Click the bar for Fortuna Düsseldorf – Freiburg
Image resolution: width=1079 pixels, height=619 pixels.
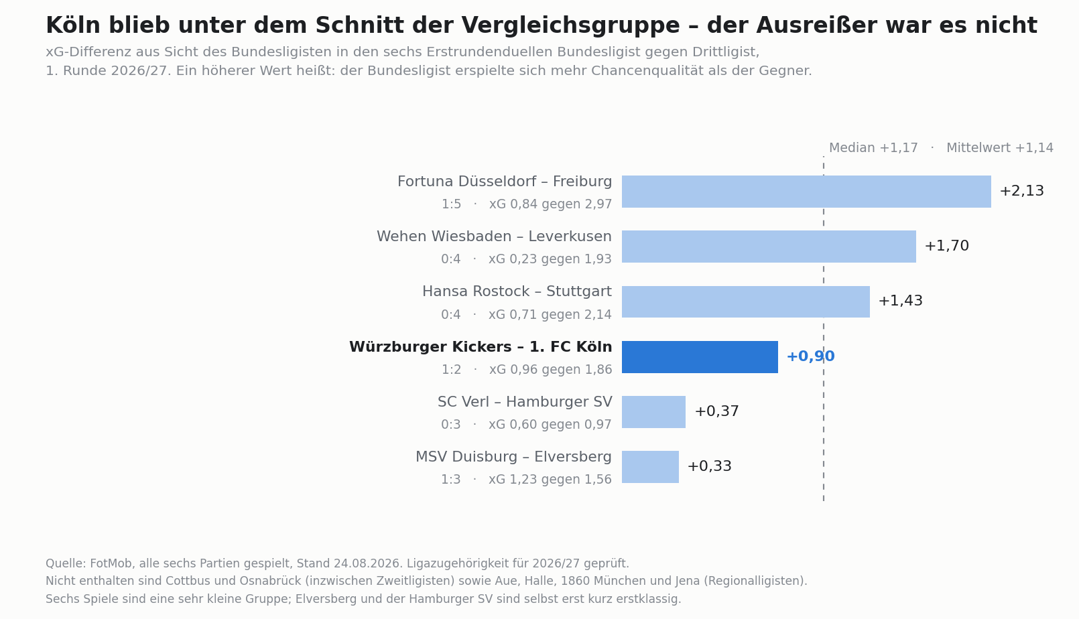(806, 192)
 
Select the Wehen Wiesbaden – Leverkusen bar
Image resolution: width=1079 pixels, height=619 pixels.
(769, 247)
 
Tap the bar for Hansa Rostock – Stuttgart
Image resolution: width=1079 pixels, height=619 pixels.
(746, 302)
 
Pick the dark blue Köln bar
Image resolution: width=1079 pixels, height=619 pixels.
(700, 357)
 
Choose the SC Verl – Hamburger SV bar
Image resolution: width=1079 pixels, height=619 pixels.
(653, 412)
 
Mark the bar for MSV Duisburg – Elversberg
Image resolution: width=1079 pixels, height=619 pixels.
(650, 467)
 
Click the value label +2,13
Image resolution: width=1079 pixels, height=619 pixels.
(1021, 191)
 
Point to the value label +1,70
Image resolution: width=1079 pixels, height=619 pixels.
(946, 246)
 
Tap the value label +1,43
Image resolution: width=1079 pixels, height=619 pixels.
(900, 301)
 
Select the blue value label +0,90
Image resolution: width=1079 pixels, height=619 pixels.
(811, 356)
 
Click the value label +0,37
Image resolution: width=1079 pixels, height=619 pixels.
(717, 411)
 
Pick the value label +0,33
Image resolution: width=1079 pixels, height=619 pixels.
(710, 466)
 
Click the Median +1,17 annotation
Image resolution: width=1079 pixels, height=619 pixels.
(873, 148)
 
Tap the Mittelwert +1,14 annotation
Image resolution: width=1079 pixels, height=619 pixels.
(1000, 148)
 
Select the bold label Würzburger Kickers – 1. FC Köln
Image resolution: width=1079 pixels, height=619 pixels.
(481, 347)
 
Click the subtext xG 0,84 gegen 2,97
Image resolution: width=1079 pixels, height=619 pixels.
(551, 204)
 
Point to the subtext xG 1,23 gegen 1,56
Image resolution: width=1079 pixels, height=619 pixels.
(550, 480)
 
